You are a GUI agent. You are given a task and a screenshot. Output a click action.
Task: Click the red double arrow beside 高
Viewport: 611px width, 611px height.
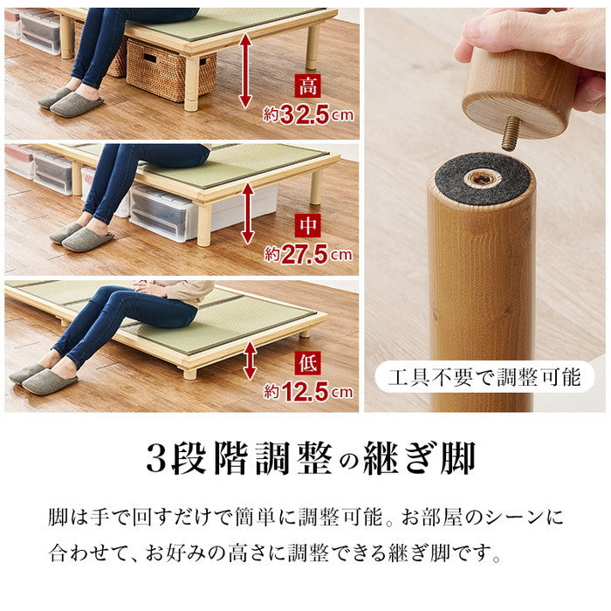click(x=247, y=70)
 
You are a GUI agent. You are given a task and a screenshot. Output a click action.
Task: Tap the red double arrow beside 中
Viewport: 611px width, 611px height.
click(x=248, y=212)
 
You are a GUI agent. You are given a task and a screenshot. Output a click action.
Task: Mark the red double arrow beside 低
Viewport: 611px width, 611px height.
click(x=250, y=360)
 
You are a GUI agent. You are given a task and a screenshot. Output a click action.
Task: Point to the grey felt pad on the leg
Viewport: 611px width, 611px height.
click(x=480, y=178)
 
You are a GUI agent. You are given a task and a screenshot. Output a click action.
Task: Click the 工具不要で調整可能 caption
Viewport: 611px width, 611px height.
click(x=484, y=378)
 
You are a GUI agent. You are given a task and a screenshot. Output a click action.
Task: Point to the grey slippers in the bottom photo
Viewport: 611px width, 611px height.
click(x=43, y=379)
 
